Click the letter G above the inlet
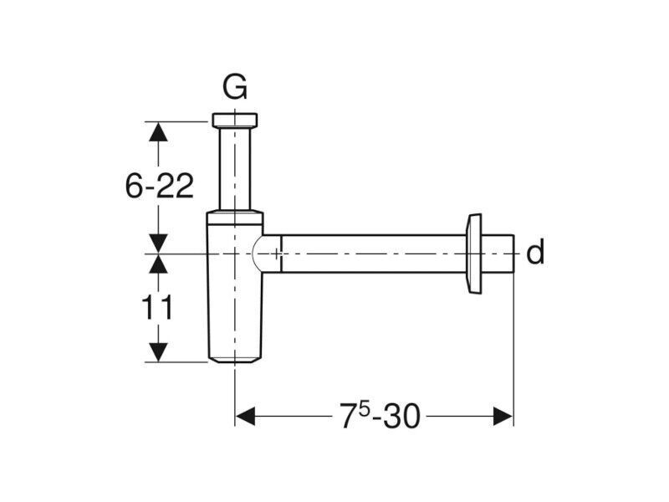click(235, 87)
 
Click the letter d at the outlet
click(535, 252)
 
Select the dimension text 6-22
click(160, 186)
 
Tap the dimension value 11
click(157, 307)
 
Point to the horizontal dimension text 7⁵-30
click(380, 416)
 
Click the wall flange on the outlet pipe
click(474, 254)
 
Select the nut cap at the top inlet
click(235, 120)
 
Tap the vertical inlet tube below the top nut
click(235, 169)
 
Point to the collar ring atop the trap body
click(235, 218)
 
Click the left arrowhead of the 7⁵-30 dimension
click(245, 416)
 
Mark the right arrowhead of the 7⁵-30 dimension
click(503, 416)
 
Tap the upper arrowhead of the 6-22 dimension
click(158, 131)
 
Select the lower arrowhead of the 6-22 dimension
click(158, 243)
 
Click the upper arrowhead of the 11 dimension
click(158, 264)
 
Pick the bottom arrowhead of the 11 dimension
click(158, 352)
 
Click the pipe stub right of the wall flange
click(498, 254)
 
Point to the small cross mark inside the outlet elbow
click(277, 254)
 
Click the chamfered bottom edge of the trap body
click(235, 361)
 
